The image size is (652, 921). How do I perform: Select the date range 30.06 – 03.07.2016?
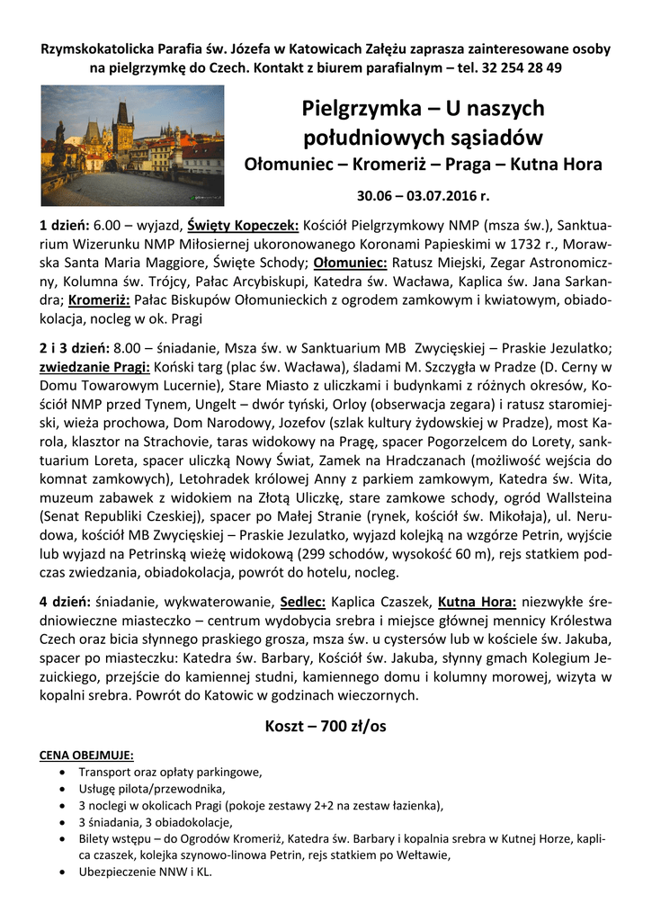point(424,195)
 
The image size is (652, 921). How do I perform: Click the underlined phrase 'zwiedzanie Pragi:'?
point(96,367)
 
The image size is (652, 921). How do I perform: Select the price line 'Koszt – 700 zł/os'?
point(326,726)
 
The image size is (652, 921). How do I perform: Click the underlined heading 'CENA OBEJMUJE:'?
point(86,754)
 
